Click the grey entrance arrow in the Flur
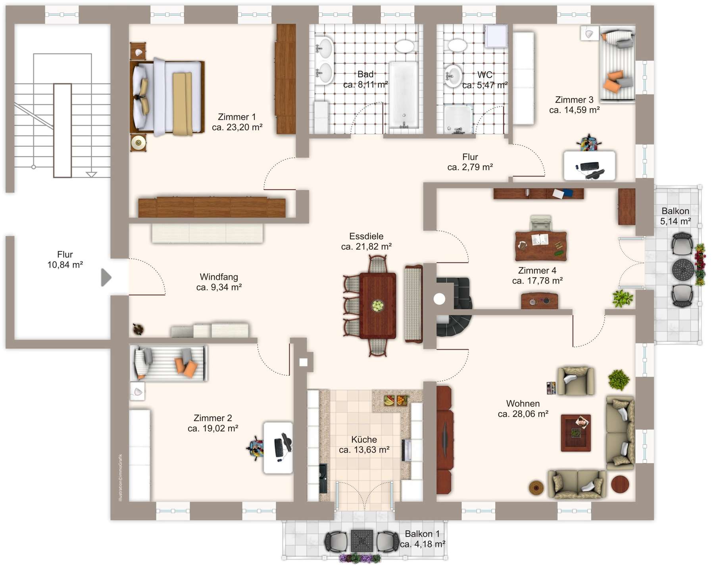tap(106, 278)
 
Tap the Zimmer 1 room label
tap(237, 117)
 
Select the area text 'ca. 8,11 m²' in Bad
tap(365, 84)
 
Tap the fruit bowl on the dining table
tap(378, 305)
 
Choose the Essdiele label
tap(366, 236)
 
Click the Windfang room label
tap(219, 277)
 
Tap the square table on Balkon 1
tap(362, 541)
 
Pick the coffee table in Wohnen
tap(576, 433)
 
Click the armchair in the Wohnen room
tap(575, 381)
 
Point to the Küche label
tap(364, 439)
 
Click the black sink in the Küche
tap(323, 478)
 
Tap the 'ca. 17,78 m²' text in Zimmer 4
tap(537, 281)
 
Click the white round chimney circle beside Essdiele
tap(439, 299)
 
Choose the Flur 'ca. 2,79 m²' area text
tap(470, 167)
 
